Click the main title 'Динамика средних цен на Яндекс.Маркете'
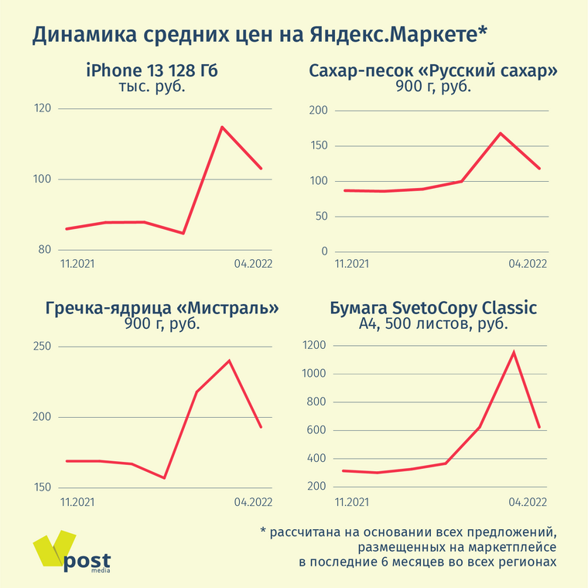(260, 35)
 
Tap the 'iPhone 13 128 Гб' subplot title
(152, 71)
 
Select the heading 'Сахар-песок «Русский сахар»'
(433, 71)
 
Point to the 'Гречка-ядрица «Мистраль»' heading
(162, 308)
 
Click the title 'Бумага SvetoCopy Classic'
(433, 308)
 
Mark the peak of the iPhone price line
(222, 127)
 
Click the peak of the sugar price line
(501, 133)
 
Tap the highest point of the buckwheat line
(229, 361)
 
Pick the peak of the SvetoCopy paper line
(514, 353)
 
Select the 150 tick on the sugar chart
(318, 146)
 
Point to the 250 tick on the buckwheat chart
(42, 346)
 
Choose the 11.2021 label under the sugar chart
(351, 264)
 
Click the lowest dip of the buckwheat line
(164, 477)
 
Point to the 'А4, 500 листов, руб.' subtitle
(433, 324)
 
